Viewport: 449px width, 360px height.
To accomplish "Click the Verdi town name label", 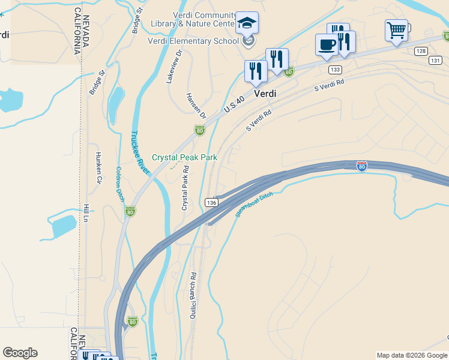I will [x=265, y=94].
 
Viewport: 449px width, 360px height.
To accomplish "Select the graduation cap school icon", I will [x=247, y=23].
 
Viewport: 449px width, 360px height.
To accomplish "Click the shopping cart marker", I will [x=396, y=29].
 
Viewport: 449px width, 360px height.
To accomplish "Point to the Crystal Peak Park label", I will [x=184, y=157].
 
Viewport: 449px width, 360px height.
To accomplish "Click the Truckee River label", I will [x=140, y=152].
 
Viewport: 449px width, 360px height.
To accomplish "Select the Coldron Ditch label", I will [x=119, y=184].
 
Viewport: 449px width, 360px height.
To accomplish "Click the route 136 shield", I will [x=211, y=203].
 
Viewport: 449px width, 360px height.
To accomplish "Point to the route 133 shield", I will [x=335, y=70].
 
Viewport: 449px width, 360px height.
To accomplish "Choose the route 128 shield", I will [x=420, y=52].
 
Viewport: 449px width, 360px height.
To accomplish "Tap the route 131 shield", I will [x=435, y=60].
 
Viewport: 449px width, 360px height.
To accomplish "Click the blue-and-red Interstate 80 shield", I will [x=361, y=166].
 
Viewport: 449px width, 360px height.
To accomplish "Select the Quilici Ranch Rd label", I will [x=194, y=296].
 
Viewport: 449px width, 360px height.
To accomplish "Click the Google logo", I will [x=20, y=353].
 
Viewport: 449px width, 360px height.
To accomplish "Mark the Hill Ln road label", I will [x=86, y=214].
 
